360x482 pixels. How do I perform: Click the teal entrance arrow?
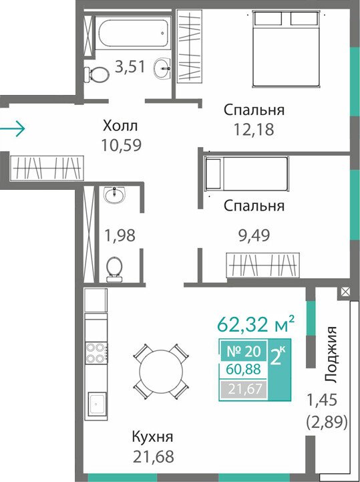pyautogui.click(x=12, y=129)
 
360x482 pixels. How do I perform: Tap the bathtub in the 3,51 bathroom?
pyautogui.click(x=133, y=31)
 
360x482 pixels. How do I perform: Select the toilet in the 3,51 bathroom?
pyautogui.click(x=96, y=74)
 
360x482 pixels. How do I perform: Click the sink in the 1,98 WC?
pyautogui.click(x=115, y=195)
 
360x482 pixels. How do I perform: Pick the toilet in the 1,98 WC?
pyautogui.click(x=114, y=269)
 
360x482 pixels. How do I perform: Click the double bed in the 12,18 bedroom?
pyautogui.click(x=286, y=49)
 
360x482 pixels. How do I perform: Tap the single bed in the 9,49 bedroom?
pyautogui.click(x=246, y=173)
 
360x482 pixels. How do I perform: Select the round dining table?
pyautogui.click(x=161, y=371)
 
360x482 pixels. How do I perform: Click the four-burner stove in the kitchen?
pyautogui.click(x=96, y=353)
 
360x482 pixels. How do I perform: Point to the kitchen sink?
pyautogui.click(x=97, y=404)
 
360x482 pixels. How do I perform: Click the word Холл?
pyautogui.click(x=120, y=126)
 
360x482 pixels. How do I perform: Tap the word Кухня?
pyautogui.click(x=152, y=437)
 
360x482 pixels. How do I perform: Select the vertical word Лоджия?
pyautogui.click(x=331, y=354)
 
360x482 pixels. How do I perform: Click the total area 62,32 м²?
pyautogui.click(x=256, y=324)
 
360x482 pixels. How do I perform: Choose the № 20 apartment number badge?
pyautogui.click(x=244, y=351)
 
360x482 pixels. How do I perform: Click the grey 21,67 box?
pyautogui.click(x=245, y=389)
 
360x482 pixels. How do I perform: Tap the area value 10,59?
pyautogui.click(x=122, y=145)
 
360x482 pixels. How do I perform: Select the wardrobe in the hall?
pyautogui.click(x=47, y=168)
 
